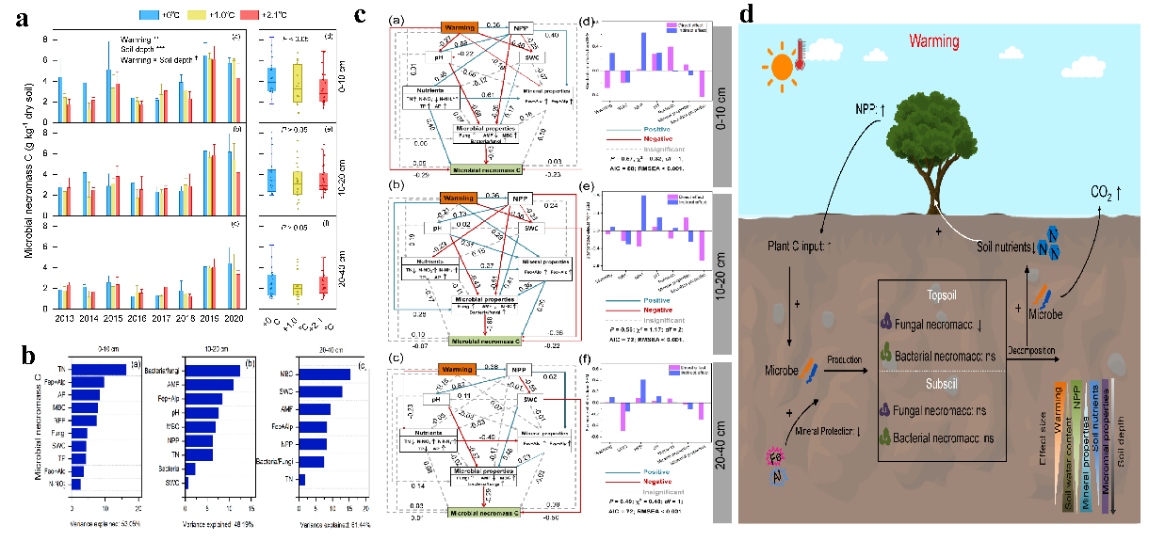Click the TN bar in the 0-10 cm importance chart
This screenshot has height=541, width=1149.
pos(99,342)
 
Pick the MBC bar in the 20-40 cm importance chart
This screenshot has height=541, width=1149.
pos(324,347)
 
